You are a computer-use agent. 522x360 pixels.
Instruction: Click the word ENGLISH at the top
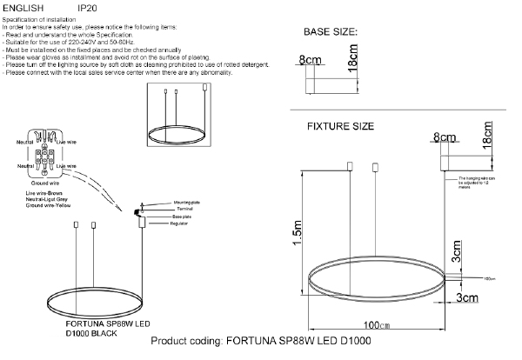19,7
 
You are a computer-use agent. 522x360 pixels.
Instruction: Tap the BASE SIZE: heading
331,32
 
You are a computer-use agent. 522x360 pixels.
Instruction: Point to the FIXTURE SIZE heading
341,126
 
